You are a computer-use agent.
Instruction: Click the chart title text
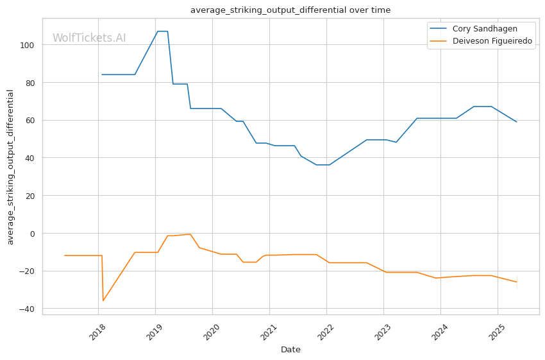[290, 10]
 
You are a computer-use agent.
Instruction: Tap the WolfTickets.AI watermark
[89, 39]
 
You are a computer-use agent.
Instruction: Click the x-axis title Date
[290, 350]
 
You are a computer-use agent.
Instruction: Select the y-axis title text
[11, 167]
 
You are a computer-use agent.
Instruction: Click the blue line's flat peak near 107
[163, 31]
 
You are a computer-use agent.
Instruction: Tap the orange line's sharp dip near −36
[103, 300]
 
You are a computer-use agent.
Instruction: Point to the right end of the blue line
[516, 122]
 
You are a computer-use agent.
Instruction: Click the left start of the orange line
[65, 255]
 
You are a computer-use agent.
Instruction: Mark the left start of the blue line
[102, 74]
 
